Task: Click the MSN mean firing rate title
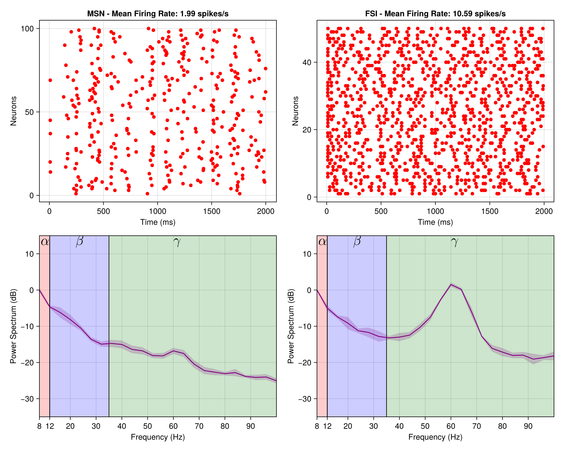click(x=158, y=14)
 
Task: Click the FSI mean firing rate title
click(x=435, y=14)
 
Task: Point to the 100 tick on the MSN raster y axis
click(x=27, y=29)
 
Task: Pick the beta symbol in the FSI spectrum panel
click(x=357, y=241)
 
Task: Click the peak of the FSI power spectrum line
click(x=451, y=285)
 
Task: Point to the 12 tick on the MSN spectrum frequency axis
click(x=50, y=426)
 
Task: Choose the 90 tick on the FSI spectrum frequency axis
click(x=528, y=426)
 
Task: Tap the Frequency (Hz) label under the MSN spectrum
click(x=158, y=437)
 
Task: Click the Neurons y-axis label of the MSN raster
click(x=13, y=111)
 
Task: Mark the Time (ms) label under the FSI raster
click(x=435, y=222)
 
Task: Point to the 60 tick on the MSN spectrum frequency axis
click(x=173, y=426)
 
